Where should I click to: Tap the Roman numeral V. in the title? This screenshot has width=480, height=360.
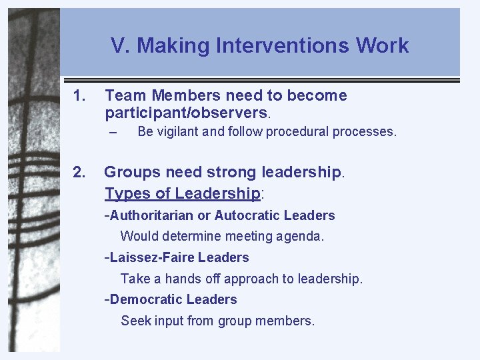click(121, 45)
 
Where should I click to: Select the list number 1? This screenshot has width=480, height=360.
click(79, 95)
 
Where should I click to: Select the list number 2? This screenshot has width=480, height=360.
click(79, 172)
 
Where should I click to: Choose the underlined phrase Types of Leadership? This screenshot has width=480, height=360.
click(182, 193)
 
